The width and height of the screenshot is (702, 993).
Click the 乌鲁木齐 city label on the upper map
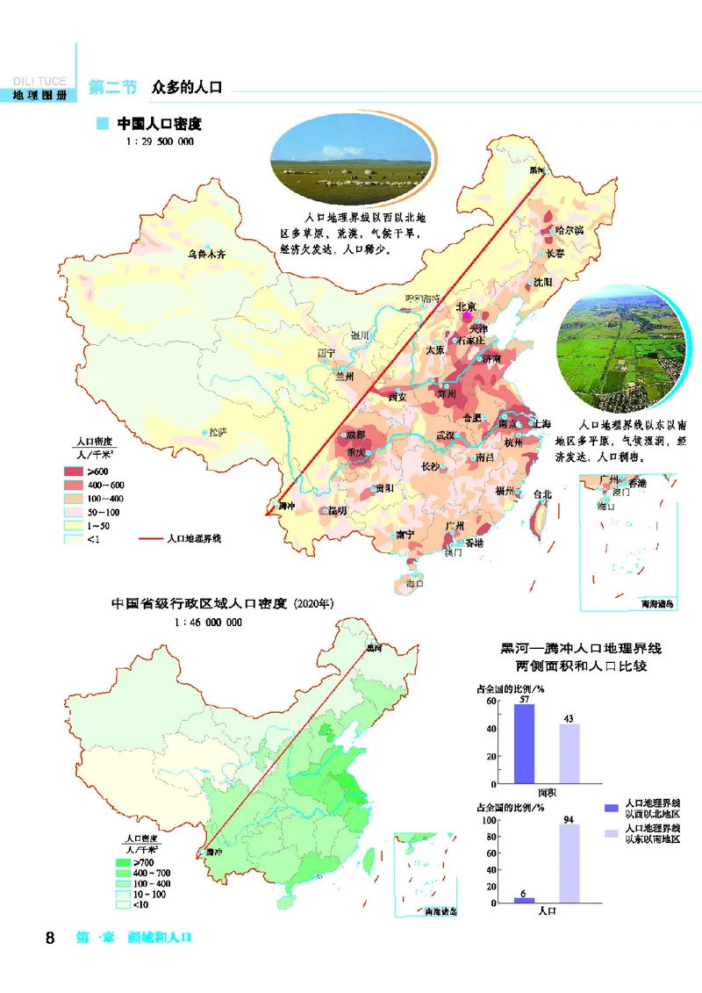(x=207, y=255)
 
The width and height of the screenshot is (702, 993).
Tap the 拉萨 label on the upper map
(x=216, y=432)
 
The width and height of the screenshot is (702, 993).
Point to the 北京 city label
(x=466, y=307)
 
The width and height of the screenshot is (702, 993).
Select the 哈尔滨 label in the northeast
(x=569, y=229)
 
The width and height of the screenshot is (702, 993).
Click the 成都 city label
(x=357, y=435)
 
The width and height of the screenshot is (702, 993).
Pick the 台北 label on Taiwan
(x=542, y=494)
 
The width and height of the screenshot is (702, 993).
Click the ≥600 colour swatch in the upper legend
(x=73, y=472)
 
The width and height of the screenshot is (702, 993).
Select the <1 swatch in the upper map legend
(x=73, y=539)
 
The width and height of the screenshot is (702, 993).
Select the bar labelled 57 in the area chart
(x=524, y=744)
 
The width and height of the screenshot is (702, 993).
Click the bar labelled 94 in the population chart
(x=569, y=864)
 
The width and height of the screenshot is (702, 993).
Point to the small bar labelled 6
(x=524, y=899)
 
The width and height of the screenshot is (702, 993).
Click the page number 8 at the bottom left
(x=50, y=939)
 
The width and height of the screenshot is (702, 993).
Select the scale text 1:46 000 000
(x=208, y=621)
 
